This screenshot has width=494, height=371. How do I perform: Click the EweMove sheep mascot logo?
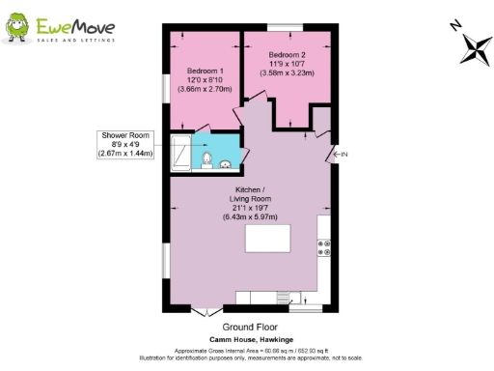19,28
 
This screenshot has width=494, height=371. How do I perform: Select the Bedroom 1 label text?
206,71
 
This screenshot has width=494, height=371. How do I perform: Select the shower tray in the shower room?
181,153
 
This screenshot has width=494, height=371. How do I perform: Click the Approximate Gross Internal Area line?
248,350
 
